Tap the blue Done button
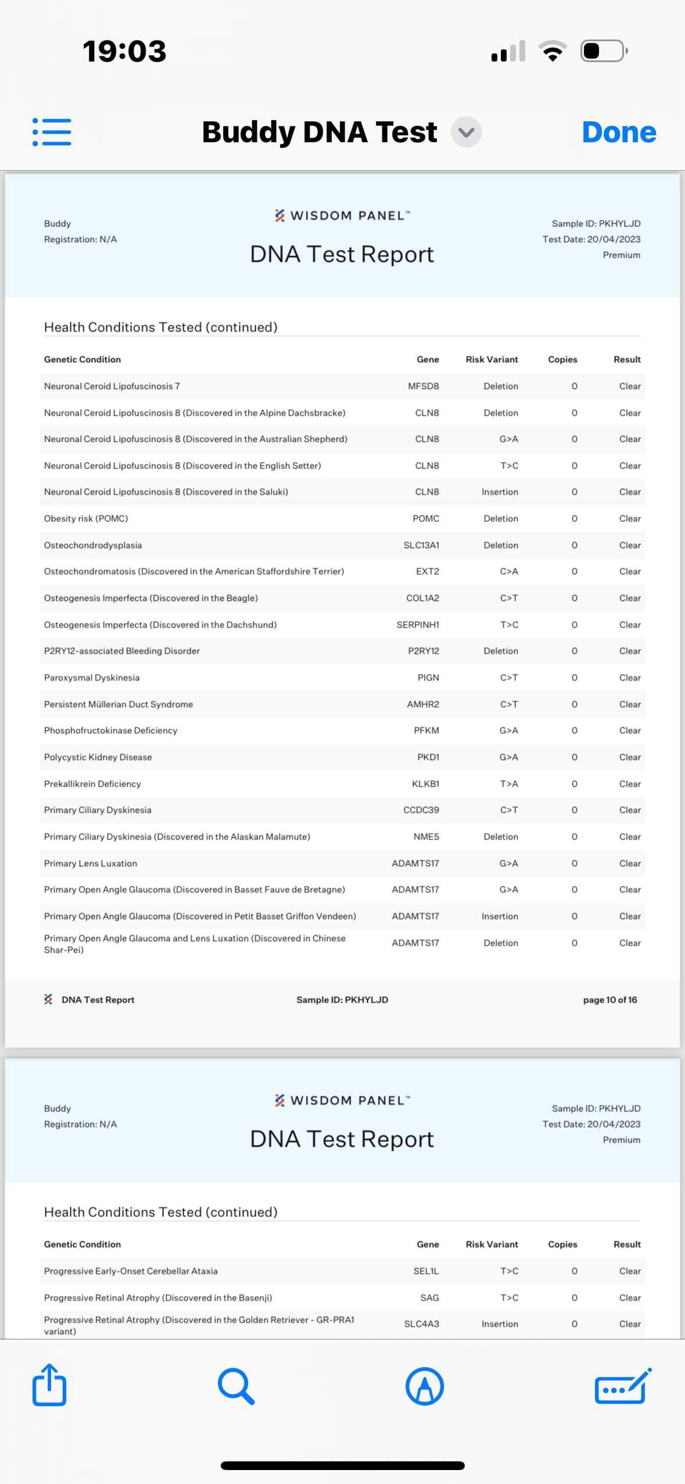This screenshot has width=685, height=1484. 619,132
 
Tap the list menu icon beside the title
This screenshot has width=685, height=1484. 52,132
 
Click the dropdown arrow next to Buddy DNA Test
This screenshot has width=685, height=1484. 466,132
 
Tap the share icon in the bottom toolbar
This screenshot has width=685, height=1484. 49,1385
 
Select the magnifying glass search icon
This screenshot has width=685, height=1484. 236,1386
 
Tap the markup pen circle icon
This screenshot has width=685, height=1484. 425,1386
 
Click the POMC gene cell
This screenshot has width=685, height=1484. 426,518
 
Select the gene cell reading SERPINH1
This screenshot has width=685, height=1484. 418,625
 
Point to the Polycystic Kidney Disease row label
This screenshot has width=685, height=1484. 98,757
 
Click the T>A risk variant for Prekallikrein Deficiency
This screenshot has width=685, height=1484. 509,784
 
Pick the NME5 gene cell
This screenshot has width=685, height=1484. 426,837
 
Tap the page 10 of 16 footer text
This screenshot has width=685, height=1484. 610,1000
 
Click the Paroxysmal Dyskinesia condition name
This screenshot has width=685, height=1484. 92,678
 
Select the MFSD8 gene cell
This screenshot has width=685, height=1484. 424,386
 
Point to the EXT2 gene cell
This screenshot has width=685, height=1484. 428,571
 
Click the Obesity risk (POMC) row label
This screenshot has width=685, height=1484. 86,518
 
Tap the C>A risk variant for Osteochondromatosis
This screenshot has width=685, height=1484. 509,571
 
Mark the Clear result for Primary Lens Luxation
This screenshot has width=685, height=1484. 630,863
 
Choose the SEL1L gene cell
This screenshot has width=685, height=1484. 426,1271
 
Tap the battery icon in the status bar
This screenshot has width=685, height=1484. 603,51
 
